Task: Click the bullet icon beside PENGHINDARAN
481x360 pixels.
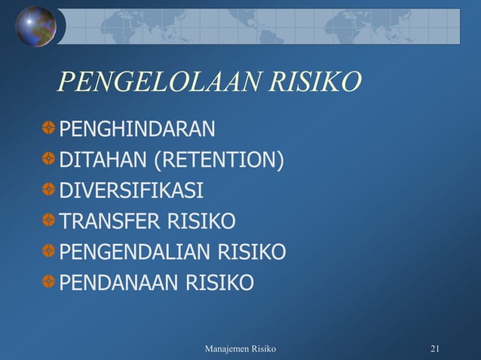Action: pyautogui.click(x=49, y=129)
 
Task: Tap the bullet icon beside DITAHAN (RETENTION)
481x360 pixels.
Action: pyautogui.click(x=49, y=160)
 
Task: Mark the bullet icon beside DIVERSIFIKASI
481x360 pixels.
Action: pyautogui.click(x=49, y=190)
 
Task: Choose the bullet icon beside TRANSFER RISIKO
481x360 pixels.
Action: pyautogui.click(x=49, y=221)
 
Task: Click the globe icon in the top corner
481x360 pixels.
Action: pyautogui.click(x=35, y=26)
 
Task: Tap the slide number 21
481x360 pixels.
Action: pyautogui.click(x=435, y=349)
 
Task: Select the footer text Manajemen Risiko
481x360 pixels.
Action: pyautogui.click(x=240, y=349)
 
